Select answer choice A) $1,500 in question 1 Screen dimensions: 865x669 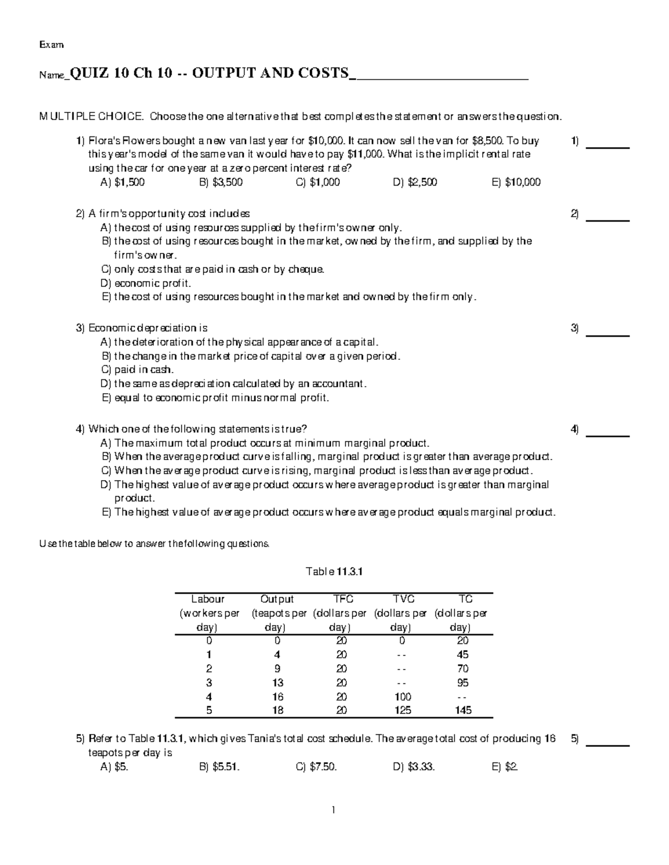point(122,182)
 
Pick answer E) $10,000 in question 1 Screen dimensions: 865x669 point(516,182)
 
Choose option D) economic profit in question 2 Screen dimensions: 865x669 point(146,283)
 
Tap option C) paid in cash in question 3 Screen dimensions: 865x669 point(137,370)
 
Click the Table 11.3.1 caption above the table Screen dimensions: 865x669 point(334,571)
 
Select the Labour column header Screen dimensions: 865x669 point(208,599)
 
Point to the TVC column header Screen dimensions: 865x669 point(403,599)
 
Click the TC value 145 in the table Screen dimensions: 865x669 point(463,710)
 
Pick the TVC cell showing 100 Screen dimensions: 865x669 point(403,696)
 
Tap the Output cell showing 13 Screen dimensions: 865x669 point(277,683)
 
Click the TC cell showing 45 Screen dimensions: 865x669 point(463,655)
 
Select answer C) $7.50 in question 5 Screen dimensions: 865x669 point(316,767)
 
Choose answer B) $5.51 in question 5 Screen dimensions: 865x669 point(219,767)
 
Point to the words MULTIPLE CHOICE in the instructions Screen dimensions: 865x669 point(90,116)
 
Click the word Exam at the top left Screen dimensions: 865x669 point(51,45)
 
